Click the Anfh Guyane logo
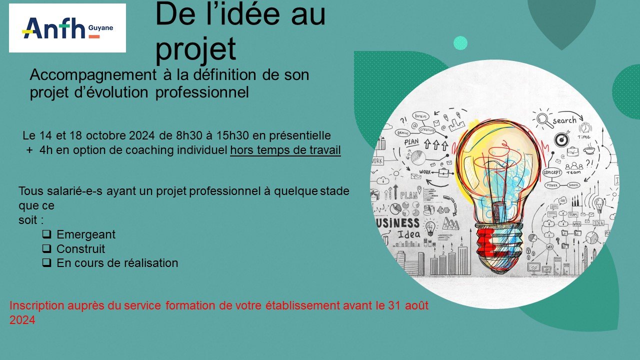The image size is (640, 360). [67, 28]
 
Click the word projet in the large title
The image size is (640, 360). [195, 49]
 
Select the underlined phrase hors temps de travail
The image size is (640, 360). [285, 150]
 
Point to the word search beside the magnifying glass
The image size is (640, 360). [564, 120]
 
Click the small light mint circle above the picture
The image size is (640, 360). [460, 43]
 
